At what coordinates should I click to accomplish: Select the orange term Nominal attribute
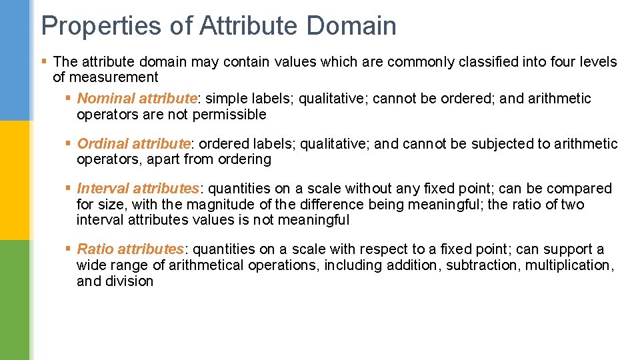point(137,99)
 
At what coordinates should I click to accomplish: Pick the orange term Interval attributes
point(138,189)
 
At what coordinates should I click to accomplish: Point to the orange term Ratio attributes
point(131,249)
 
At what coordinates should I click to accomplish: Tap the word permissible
point(230,115)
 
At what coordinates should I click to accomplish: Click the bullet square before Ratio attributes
point(69,249)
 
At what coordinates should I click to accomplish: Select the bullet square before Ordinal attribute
point(69,143)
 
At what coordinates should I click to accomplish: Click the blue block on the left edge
point(15,60)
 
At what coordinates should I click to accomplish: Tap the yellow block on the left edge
point(15,180)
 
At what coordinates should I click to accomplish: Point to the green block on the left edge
point(15,300)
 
